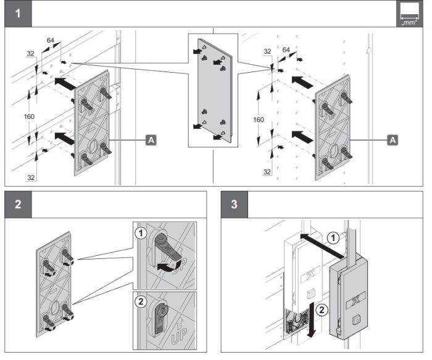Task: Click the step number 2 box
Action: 17,205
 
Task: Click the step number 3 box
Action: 235,205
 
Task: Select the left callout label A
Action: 151,141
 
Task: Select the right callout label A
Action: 391,141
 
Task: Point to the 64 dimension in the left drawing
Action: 50,41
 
